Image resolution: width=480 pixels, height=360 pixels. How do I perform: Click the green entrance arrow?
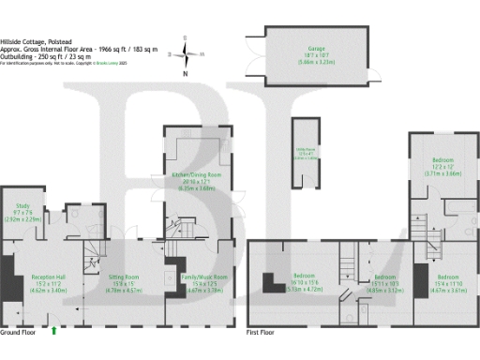tap(53, 329)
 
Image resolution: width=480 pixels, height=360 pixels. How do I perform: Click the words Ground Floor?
tap(18, 333)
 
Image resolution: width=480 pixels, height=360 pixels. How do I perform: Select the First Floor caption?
tap(263, 333)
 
